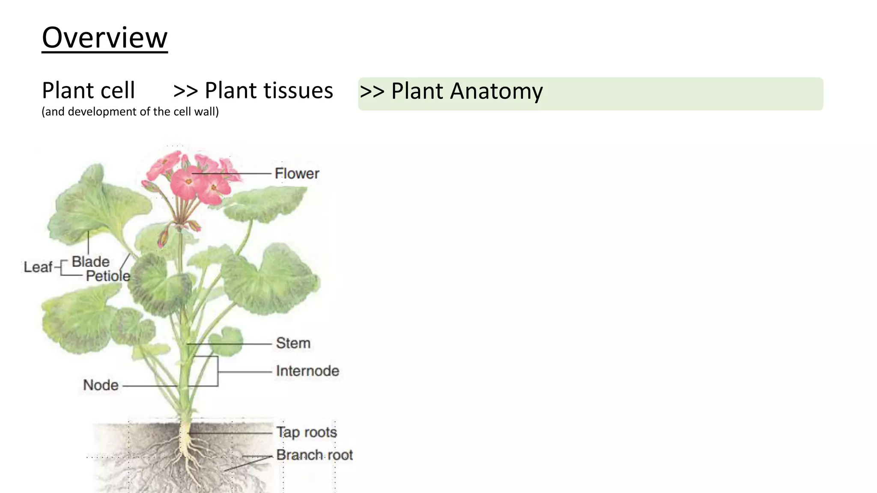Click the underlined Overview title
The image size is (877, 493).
104,38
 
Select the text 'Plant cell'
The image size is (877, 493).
88,91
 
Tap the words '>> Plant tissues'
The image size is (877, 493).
253,91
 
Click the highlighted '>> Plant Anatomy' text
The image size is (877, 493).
451,91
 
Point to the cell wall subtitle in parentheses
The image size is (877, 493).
130,112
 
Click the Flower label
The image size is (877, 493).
297,174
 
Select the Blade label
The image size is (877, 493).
90,261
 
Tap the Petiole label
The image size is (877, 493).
108,276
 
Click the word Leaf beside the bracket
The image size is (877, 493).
38,267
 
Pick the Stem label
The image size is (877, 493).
293,343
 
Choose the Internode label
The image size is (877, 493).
307,371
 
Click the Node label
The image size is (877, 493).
101,385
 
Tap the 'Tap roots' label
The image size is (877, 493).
307,432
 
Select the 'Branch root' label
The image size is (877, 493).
314,455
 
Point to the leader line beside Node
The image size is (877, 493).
150,386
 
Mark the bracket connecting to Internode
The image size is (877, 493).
218,371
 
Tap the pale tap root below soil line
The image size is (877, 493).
185,441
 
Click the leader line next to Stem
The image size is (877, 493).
231,344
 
